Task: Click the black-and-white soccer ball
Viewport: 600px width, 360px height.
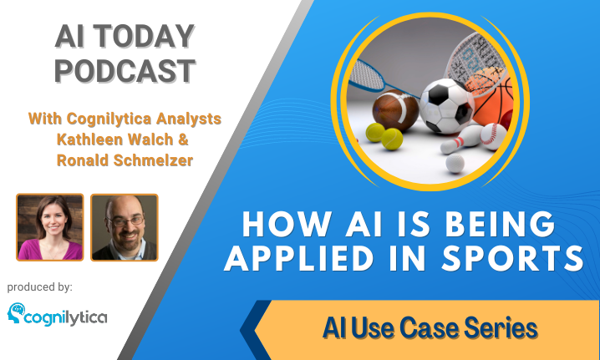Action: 446,106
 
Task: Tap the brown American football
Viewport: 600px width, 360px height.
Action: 395,110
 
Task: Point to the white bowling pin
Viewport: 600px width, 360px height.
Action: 462,140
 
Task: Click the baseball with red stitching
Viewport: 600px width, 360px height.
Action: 493,136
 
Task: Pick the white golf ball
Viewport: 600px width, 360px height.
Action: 455,164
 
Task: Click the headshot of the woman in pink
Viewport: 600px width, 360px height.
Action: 50,227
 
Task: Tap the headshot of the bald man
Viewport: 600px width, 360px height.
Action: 124,227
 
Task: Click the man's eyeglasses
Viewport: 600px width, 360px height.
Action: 126,221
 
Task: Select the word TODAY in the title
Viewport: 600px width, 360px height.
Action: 144,37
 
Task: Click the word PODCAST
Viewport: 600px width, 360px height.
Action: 125,71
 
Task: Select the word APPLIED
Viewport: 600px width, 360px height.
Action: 299,257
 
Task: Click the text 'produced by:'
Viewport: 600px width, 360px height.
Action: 40,287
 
